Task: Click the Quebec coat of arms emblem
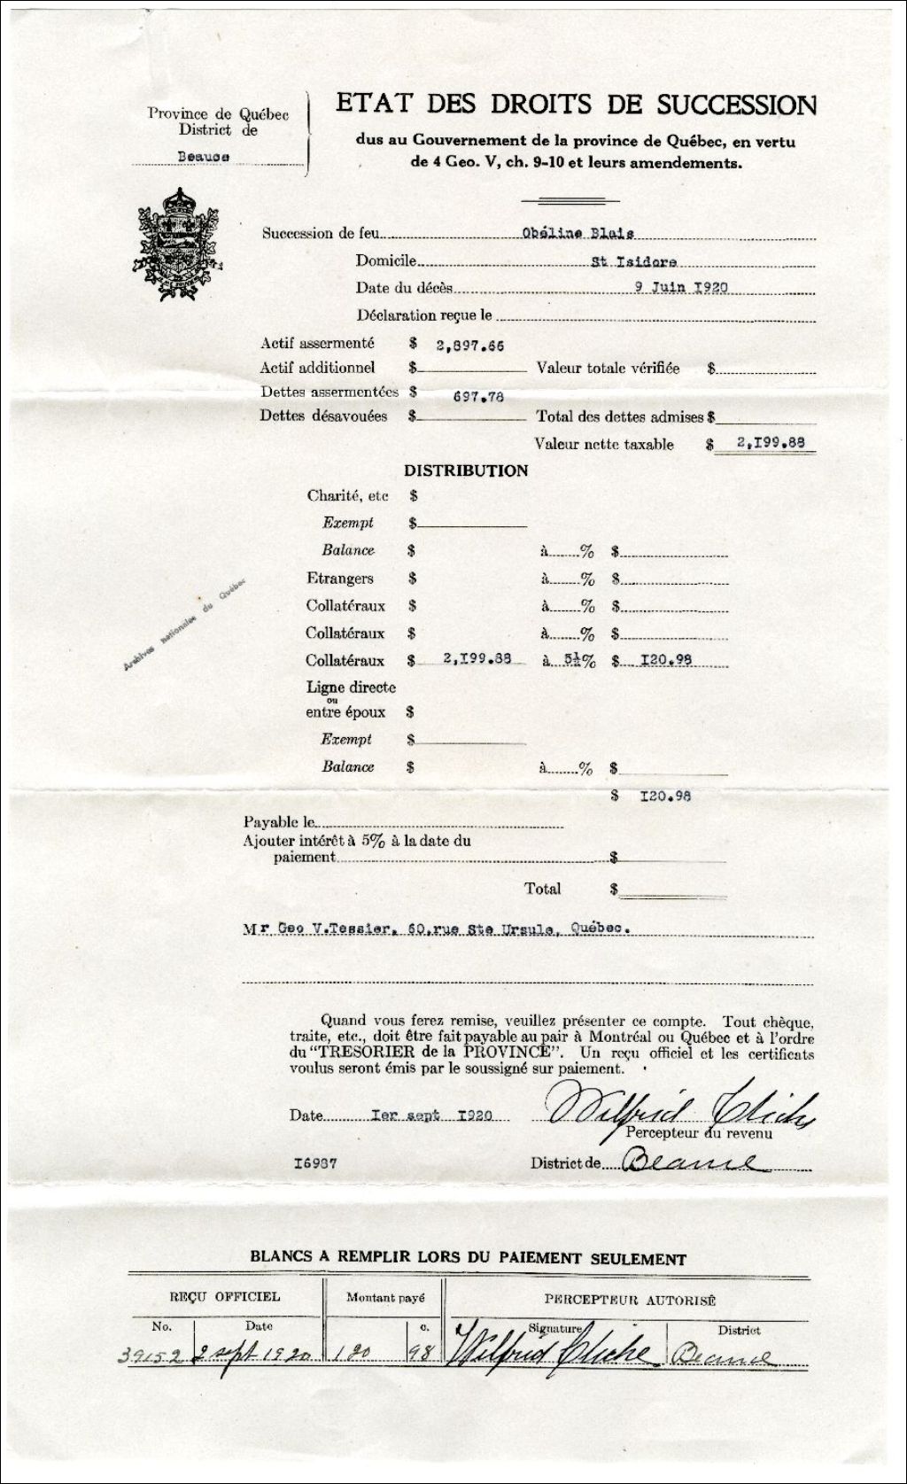(177, 244)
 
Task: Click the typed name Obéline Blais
(578, 234)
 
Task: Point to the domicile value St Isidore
(634, 262)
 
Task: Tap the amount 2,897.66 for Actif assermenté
(465, 345)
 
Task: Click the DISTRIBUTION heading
(466, 471)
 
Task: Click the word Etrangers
(339, 579)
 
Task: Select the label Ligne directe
(351, 688)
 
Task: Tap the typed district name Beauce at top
(203, 156)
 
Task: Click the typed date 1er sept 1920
(431, 1115)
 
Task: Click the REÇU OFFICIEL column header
(224, 1297)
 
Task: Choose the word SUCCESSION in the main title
(736, 105)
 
